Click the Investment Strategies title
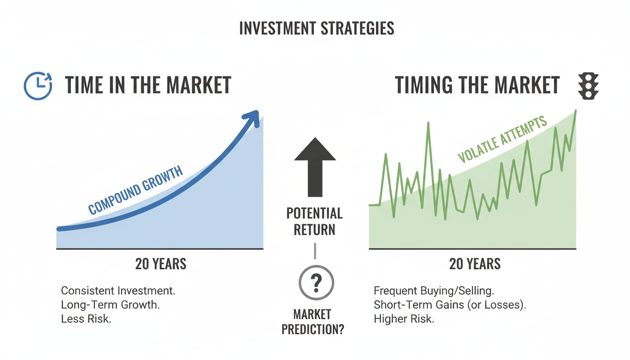pos(316,29)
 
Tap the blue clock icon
pos(37,86)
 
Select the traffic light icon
pos(588,86)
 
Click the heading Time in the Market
pos(148,86)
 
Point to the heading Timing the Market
pos(477,86)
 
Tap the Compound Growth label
pos(135,191)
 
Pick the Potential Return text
pos(315,222)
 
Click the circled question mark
pos(316,283)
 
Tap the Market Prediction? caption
pos(313,322)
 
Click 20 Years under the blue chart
pos(161,264)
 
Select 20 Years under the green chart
pos(475,264)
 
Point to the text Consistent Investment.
pos(118,290)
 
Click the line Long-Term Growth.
pos(111,305)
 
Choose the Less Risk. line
pos(86,319)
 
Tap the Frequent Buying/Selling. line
pos(434,290)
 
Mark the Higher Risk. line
pos(404,319)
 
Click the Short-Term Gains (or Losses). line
pos(450,305)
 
